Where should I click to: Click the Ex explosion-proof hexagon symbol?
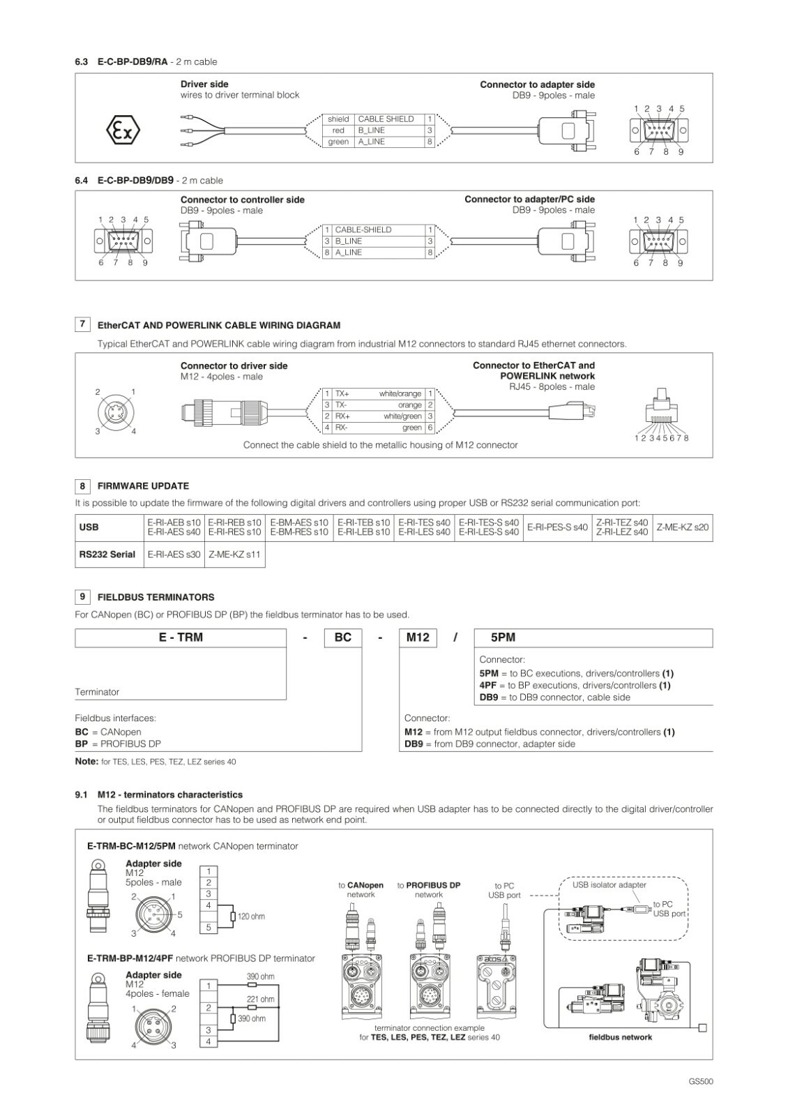point(123,130)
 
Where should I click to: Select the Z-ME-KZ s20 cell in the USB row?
point(682,527)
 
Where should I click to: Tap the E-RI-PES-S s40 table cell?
point(557,527)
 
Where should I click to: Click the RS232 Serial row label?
point(107,555)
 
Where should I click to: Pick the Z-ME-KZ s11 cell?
point(234,555)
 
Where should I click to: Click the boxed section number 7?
point(83,324)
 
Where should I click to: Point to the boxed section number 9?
point(83,596)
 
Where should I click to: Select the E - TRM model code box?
point(181,638)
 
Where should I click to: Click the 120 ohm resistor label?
point(251,917)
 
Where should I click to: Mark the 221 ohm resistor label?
point(261,1000)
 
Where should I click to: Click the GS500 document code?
point(700,1082)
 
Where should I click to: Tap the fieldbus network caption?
point(620,1037)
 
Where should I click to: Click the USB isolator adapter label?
point(609,885)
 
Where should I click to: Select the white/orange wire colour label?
point(400,394)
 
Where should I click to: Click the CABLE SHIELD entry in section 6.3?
point(386,119)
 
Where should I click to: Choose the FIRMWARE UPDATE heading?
point(143,486)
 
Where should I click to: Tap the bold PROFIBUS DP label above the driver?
point(433,886)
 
